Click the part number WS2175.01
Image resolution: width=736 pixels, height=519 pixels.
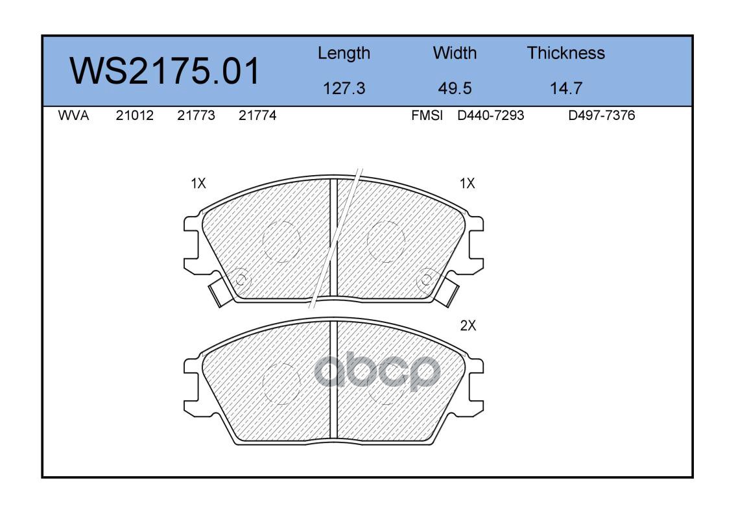pyautogui.click(x=164, y=71)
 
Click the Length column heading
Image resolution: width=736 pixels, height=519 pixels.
pyautogui.click(x=344, y=54)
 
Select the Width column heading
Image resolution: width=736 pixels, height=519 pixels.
pyautogui.click(x=455, y=53)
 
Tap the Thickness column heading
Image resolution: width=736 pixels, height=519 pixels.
pyautogui.click(x=566, y=53)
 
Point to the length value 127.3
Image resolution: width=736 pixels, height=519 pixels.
pyautogui.click(x=344, y=88)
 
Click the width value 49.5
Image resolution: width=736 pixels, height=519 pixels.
pyautogui.click(x=455, y=88)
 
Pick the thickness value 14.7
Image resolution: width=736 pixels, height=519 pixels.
pyautogui.click(x=566, y=88)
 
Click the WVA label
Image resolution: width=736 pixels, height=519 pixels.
pyautogui.click(x=73, y=115)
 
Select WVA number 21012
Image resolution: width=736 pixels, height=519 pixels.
pyautogui.click(x=135, y=115)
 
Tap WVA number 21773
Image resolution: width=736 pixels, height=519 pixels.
pyautogui.click(x=196, y=115)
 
